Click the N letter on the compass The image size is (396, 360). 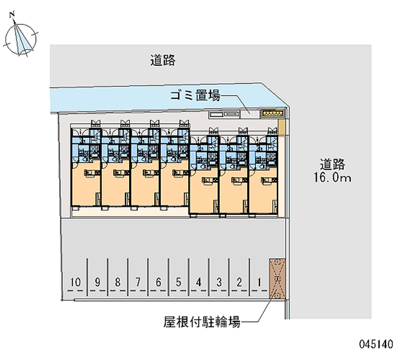click(12, 15)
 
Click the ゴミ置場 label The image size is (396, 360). click(195, 96)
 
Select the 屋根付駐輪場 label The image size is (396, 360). click(202, 322)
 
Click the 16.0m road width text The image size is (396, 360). click(332, 177)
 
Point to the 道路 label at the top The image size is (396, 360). click(163, 60)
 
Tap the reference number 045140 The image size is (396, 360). click(376, 344)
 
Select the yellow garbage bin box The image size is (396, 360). click(272, 113)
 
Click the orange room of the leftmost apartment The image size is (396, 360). click(86, 187)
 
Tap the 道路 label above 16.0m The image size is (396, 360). click(332, 164)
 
